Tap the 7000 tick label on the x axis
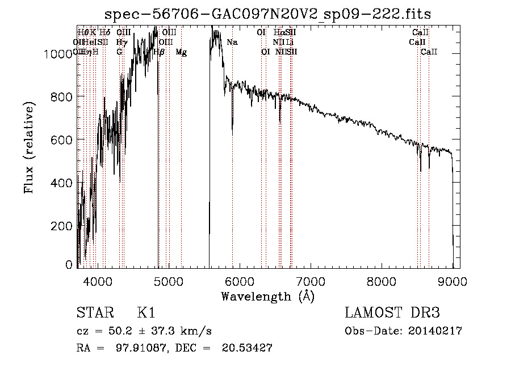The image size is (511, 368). click(x=310, y=280)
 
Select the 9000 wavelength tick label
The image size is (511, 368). click(x=453, y=280)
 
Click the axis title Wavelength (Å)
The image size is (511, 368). click(x=267, y=296)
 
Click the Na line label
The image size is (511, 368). click(x=232, y=43)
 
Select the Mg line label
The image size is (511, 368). click(x=181, y=52)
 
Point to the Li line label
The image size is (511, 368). click(x=290, y=43)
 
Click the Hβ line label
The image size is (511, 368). click(x=160, y=52)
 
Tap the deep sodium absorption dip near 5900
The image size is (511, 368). click(x=232, y=128)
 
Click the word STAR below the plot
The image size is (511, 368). click(x=94, y=313)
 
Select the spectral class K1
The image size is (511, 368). click(x=146, y=313)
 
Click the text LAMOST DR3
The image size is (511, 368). click(x=392, y=313)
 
